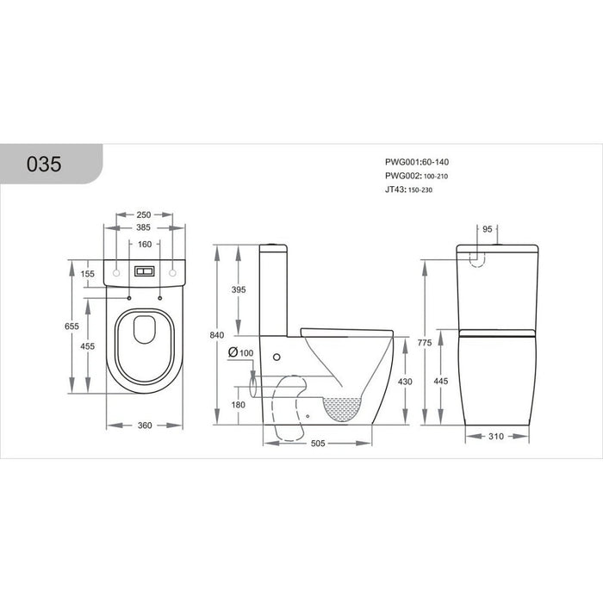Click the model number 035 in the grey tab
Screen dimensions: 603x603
[44, 165]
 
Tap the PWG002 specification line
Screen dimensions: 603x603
[417, 176]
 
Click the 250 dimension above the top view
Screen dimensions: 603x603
[145, 215]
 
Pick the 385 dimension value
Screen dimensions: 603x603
[145, 228]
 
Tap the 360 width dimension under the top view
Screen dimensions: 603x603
[145, 425]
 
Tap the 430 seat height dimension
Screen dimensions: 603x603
[404, 382]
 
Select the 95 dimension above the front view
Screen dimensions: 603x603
[488, 230]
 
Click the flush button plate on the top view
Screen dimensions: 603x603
[145, 271]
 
